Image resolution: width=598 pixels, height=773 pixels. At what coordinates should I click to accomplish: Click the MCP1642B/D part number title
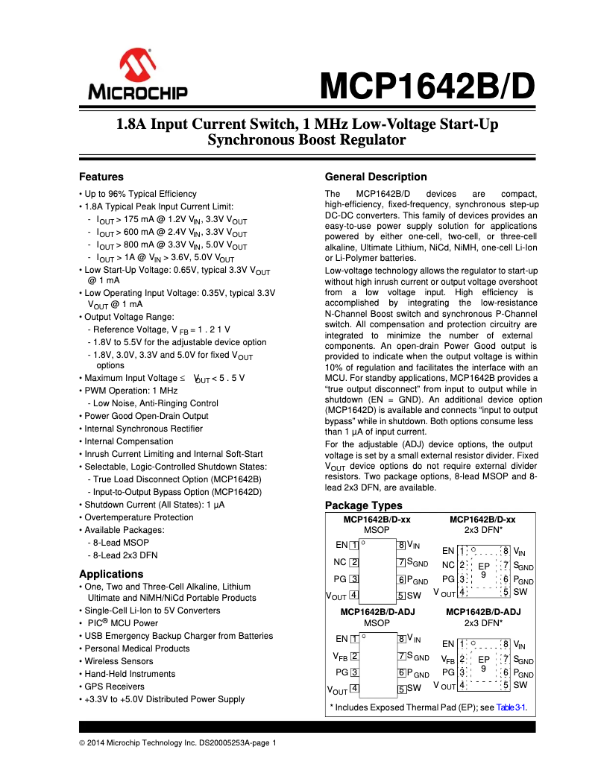point(427,86)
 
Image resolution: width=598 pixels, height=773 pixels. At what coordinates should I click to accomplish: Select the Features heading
point(101,177)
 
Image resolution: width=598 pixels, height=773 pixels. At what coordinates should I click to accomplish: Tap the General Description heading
point(376,177)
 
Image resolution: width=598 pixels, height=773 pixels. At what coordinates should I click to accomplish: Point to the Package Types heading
point(363,506)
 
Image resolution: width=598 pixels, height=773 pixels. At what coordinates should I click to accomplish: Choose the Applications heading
point(111,574)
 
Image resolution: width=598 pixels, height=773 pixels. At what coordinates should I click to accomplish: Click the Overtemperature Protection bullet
point(128,517)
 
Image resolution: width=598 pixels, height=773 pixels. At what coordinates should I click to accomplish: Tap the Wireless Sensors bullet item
point(119,661)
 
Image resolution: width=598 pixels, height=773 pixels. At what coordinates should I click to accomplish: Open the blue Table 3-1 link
point(512,707)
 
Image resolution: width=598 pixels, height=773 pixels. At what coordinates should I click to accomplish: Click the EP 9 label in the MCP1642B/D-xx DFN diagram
point(483,570)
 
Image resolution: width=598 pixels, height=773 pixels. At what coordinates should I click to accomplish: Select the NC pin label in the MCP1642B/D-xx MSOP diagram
point(340,562)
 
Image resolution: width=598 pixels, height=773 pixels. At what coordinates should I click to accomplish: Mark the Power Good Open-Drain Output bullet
point(146,416)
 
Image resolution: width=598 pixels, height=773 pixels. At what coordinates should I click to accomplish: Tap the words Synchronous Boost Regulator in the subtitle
point(306,139)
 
